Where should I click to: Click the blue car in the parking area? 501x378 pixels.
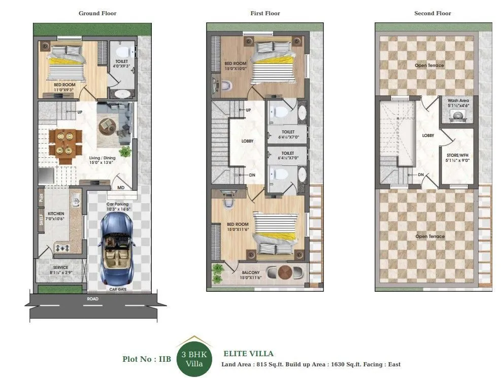[x=118, y=249]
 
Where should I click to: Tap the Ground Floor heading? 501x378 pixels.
[x=97, y=13]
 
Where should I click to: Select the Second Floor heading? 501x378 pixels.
[x=432, y=13]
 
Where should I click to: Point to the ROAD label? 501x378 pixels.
[x=92, y=299]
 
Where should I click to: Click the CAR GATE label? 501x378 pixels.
[x=118, y=289]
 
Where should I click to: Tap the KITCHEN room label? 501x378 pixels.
[x=56, y=214]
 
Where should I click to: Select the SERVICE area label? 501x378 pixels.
[x=60, y=267]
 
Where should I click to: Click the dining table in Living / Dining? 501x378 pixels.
[x=65, y=143]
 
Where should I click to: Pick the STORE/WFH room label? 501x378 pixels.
[x=457, y=155]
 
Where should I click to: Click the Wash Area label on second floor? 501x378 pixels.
[x=457, y=101]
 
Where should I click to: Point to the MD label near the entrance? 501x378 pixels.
[x=121, y=188]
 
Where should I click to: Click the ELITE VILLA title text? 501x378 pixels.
[x=248, y=354]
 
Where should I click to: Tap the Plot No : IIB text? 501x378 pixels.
[x=147, y=359]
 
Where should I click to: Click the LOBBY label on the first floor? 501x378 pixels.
[x=247, y=141]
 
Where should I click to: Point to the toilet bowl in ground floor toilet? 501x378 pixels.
[x=123, y=52]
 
